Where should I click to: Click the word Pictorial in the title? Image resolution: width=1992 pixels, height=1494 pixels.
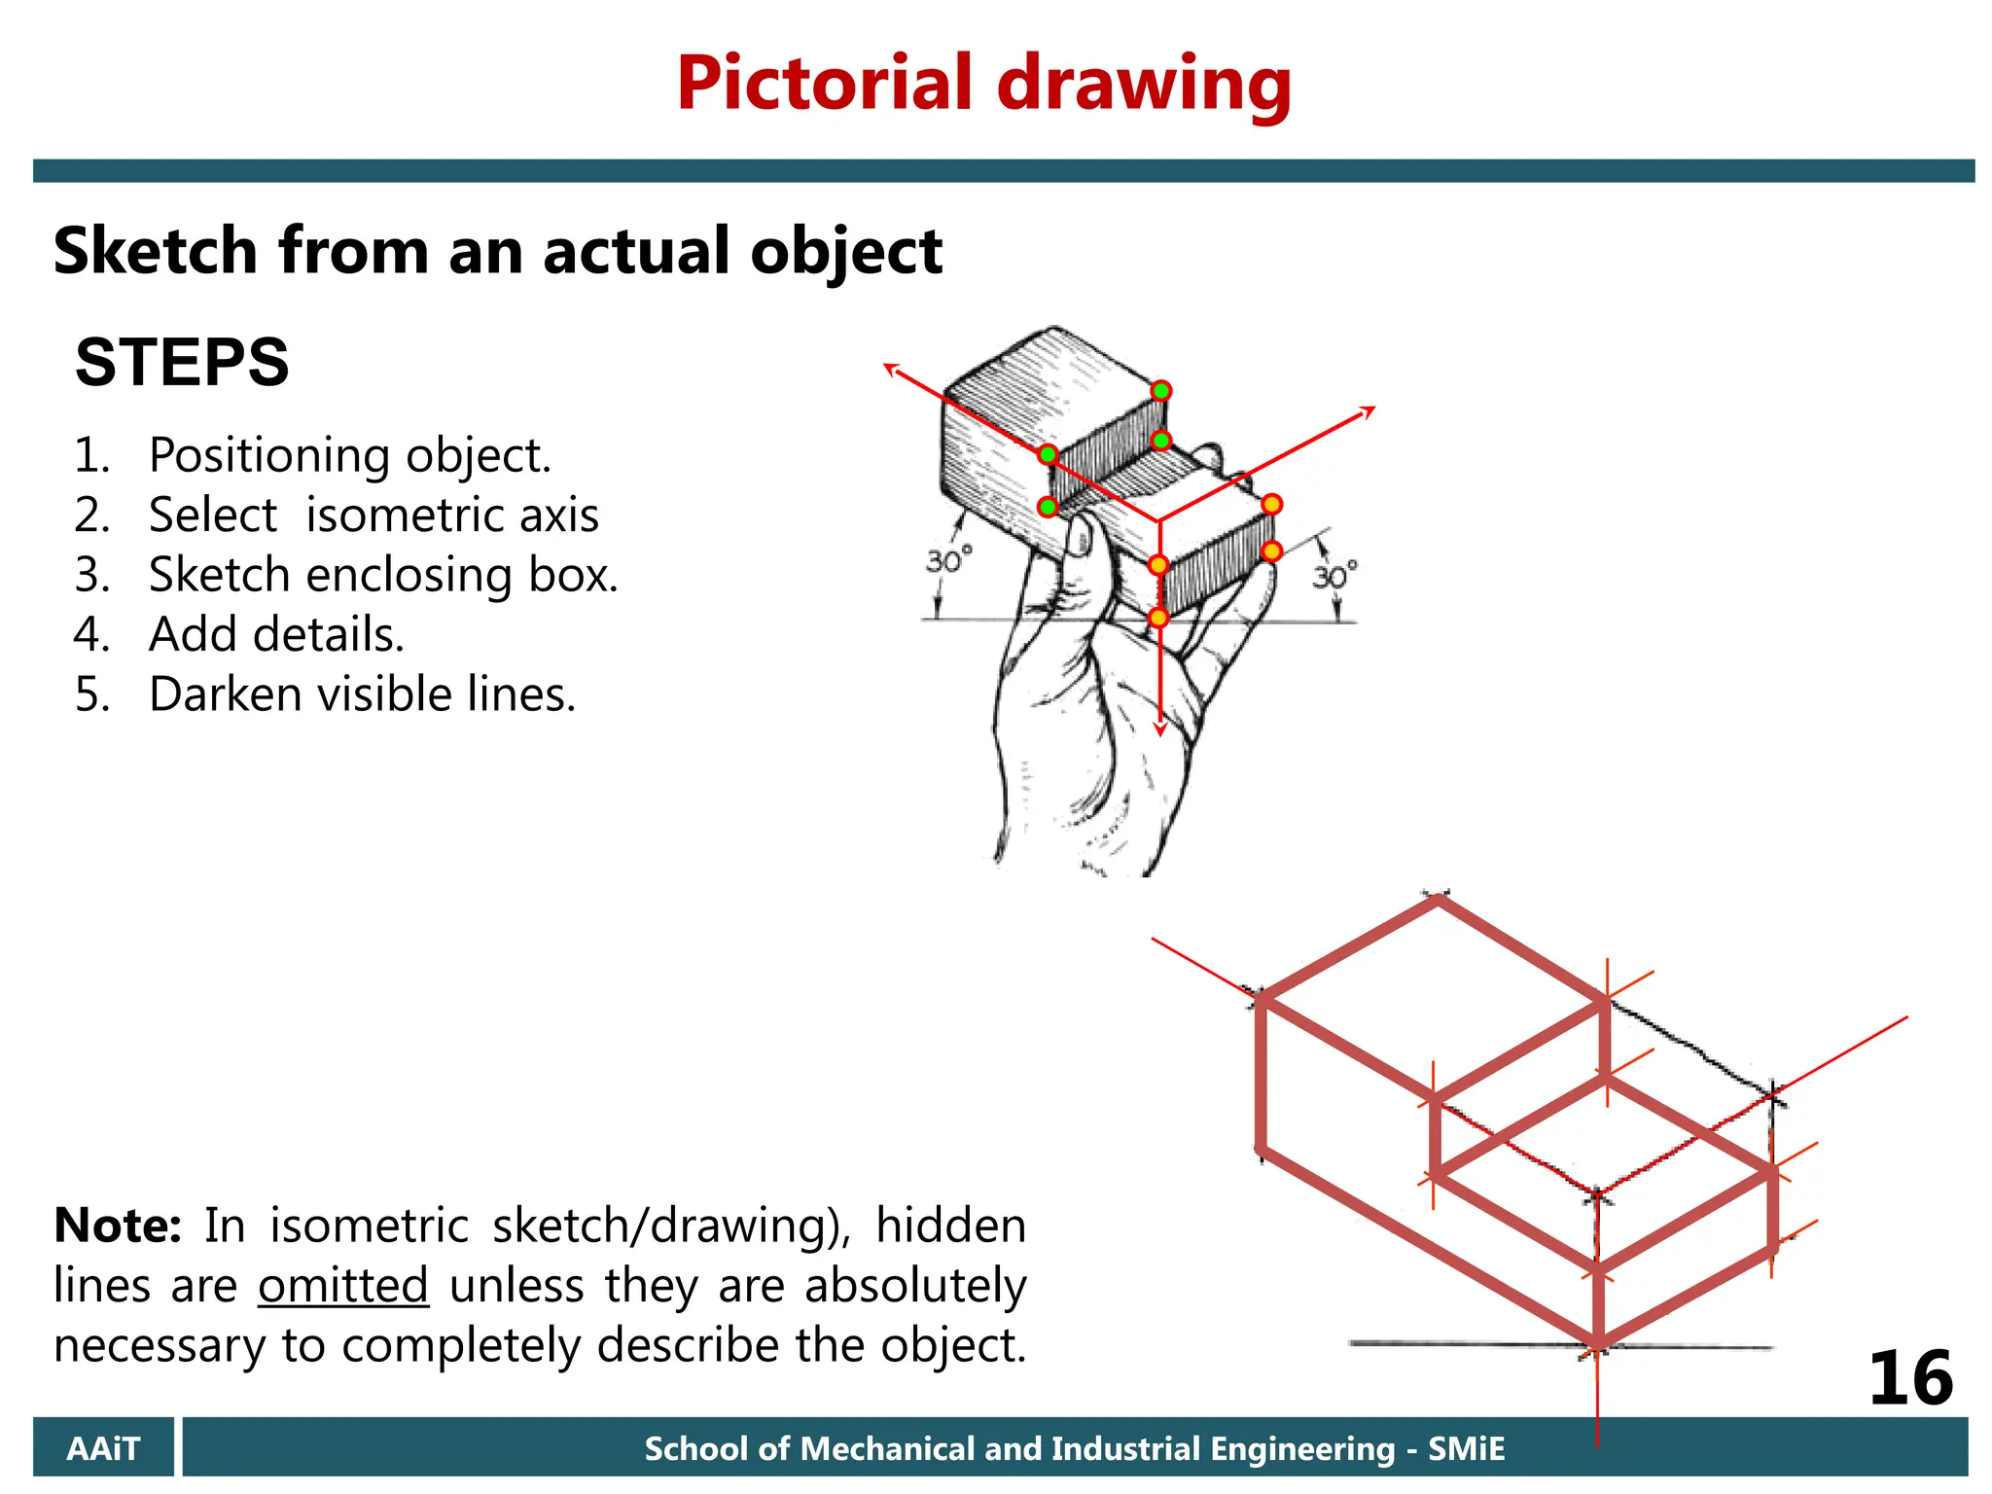click(824, 84)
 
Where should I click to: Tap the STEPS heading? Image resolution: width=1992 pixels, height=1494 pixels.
click(182, 362)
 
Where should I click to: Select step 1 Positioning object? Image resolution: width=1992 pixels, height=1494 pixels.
click(349, 455)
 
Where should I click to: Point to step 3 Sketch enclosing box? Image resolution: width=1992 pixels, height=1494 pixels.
click(382, 575)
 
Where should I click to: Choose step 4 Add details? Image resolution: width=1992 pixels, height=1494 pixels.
click(276, 634)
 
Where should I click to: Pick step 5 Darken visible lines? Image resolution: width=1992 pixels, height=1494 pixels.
click(362, 694)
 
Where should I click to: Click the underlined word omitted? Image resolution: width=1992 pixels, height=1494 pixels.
click(343, 1285)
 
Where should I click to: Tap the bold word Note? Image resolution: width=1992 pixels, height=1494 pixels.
click(117, 1225)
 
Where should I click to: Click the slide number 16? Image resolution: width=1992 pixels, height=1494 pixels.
click(1910, 1378)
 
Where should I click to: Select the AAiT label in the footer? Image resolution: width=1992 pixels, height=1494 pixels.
click(103, 1448)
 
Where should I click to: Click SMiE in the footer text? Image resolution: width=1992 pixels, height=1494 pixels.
click(1466, 1448)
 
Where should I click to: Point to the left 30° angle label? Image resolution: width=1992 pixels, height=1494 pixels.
click(947, 561)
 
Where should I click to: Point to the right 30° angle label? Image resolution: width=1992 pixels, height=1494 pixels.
click(1334, 577)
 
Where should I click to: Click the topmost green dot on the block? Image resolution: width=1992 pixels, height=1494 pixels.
click(1161, 391)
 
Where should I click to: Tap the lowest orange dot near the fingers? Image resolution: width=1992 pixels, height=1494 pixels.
click(1157, 618)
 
